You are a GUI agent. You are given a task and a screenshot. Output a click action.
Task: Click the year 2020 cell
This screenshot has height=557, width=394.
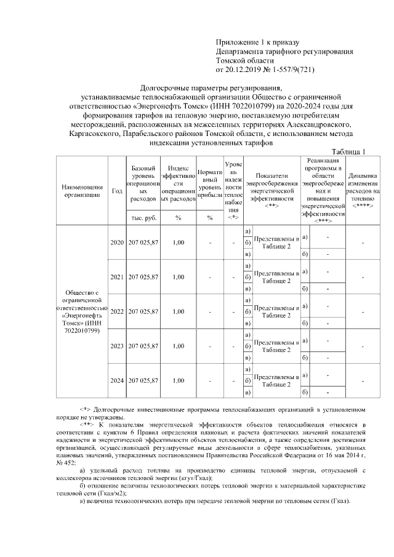[117, 242]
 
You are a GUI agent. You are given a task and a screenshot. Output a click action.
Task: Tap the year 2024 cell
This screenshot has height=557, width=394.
[117, 380]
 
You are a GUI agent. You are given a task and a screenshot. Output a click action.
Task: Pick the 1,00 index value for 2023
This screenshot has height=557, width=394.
[178, 346]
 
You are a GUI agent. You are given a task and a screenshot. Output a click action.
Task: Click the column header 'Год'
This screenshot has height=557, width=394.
[117, 190]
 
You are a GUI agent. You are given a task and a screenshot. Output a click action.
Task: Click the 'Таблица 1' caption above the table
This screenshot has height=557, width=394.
[348, 152]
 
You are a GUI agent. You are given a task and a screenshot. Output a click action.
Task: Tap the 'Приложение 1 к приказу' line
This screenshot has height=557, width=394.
[257, 42]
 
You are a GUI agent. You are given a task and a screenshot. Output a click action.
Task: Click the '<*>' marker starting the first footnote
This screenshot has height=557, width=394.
[85, 409]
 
